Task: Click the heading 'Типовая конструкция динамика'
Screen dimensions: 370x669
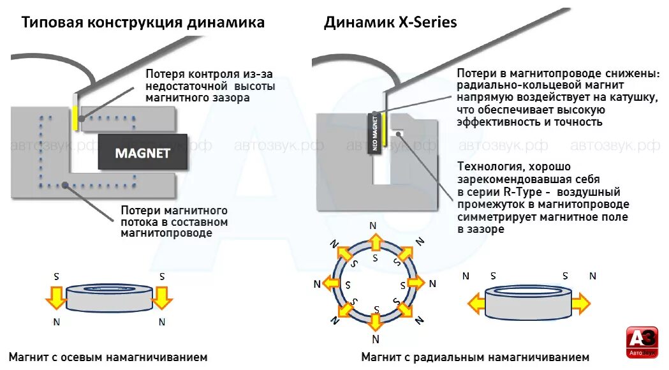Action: pyautogui.click(x=143, y=23)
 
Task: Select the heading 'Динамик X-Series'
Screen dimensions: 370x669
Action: pyautogui.click(x=390, y=23)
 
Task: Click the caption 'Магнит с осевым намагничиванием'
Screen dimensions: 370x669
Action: pyautogui.click(x=108, y=357)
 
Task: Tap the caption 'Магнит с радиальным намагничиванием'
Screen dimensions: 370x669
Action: pyautogui.click(x=475, y=357)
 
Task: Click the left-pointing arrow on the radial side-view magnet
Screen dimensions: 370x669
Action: pyautogui.click(x=478, y=303)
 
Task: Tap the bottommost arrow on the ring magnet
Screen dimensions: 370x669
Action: pyautogui.click(x=376, y=323)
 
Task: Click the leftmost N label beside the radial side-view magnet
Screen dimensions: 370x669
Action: pyautogui.click(x=466, y=276)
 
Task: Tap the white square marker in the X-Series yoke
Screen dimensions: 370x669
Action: pyautogui.click(x=398, y=132)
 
